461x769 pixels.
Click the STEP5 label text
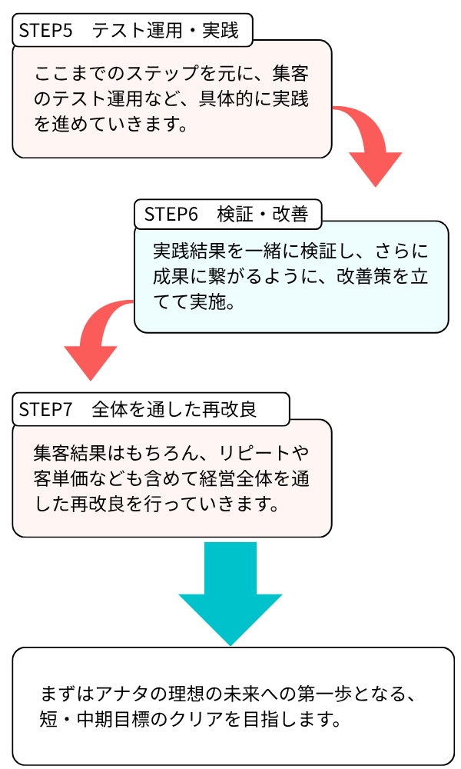coord(45,31)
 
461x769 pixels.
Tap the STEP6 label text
coord(171,215)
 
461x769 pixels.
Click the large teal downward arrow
coord(230,592)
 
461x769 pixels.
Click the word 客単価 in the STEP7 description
coord(61,478)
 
